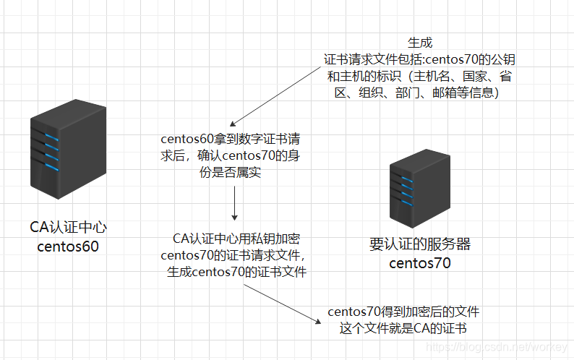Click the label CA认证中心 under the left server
click(x=69, y=228)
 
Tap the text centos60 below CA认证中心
click(x=68, y=247)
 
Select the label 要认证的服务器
click(x=419, y=244)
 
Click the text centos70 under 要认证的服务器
click(x=419, y=263)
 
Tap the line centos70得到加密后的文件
click(x=403, y=312)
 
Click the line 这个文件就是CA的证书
click(x=403, y=329)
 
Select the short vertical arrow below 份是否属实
click(x=235, y=206)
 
